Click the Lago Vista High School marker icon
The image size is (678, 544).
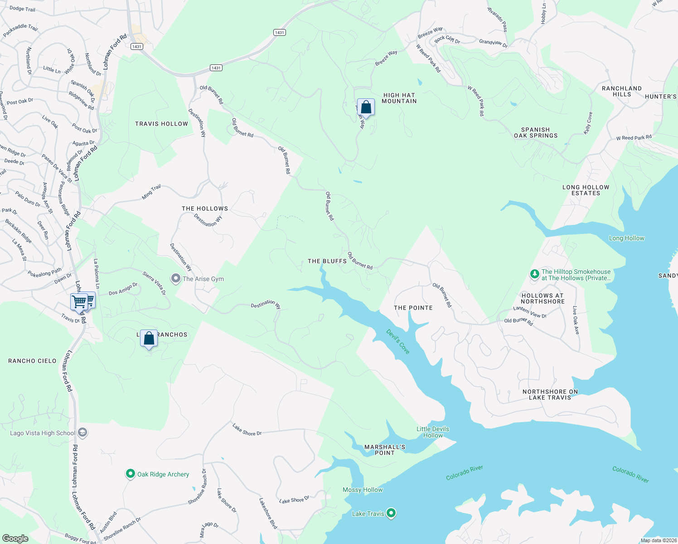(82, 432)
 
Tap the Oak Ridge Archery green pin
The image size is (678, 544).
(131, 474)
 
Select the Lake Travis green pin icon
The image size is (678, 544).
(391, 513)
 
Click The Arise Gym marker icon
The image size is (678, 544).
(175, 278)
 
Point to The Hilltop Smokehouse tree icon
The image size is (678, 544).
(535, 274)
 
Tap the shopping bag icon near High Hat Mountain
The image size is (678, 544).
(366, 107)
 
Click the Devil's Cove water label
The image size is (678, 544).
(398, 341)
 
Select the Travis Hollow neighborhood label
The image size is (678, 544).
(161, 124)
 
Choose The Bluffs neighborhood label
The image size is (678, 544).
(327, 261)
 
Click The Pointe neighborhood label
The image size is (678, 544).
(413, 308)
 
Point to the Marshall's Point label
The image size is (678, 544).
(385, 450)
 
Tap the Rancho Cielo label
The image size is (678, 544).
(33, 361)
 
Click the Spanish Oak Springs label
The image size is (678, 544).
(536, 132)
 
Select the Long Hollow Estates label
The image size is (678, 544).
(586, 190)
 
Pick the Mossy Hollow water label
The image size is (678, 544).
(363, 490)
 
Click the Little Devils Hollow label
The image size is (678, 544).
(433, 432)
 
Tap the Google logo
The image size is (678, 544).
(15, 539)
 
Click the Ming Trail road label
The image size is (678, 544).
(151, 192)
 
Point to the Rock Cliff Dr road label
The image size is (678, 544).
(447, 39)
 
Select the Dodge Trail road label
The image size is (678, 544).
(22, 9)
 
